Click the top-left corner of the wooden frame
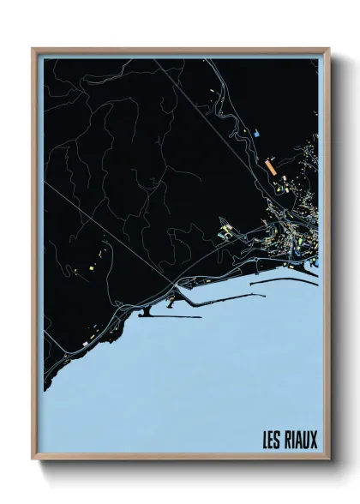[x=33, y=50]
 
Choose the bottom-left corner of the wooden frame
[x=33, y=459]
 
